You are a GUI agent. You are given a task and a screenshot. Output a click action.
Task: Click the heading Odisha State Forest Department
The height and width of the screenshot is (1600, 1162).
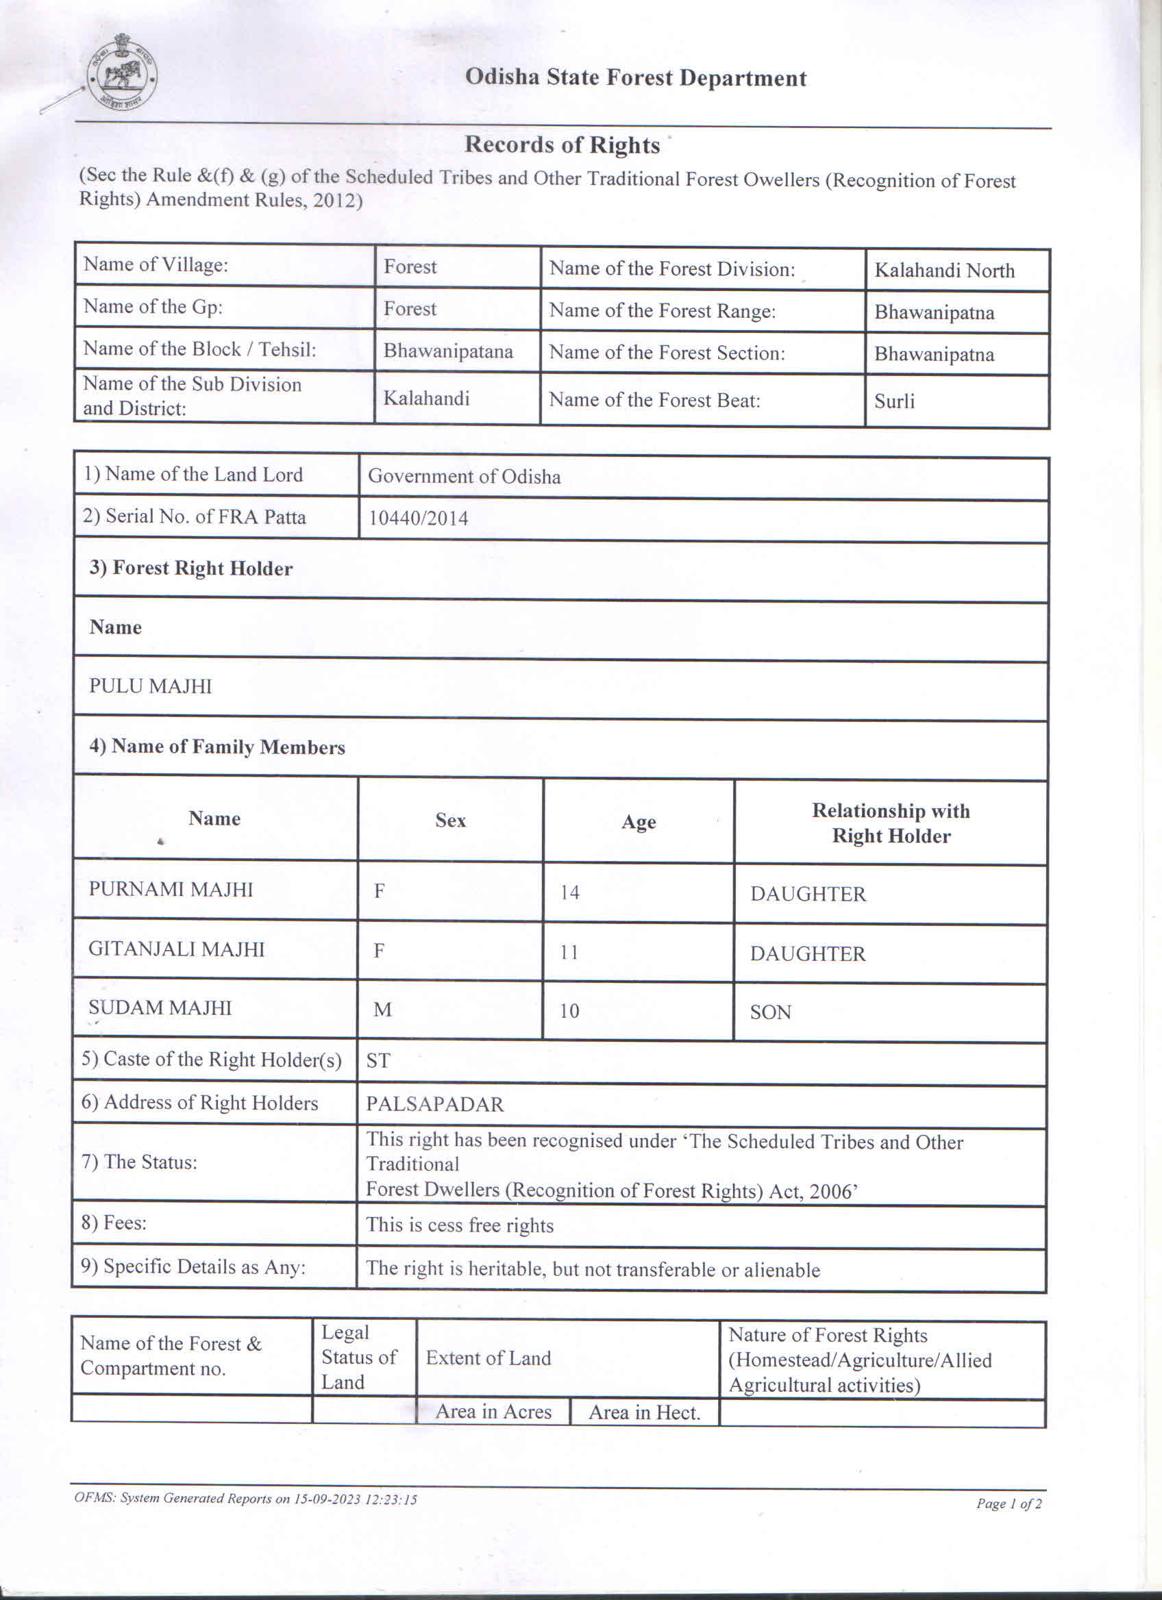[635, 78]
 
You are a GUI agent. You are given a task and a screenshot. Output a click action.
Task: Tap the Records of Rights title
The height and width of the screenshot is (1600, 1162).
[563, 145]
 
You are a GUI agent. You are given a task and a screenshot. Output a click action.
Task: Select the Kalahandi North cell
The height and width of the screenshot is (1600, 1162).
[944, 270]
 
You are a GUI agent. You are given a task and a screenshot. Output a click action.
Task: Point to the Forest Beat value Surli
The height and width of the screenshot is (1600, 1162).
[894, 401]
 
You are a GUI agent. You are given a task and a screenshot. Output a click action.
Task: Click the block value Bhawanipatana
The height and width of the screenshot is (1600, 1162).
[448, 351]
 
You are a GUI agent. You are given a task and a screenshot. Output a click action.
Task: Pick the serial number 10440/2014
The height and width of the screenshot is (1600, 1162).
[419, 518]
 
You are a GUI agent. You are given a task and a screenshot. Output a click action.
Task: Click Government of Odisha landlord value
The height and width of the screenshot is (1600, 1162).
[465, 477]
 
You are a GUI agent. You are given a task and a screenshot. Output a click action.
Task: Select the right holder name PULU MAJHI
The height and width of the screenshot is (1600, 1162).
[150, 686]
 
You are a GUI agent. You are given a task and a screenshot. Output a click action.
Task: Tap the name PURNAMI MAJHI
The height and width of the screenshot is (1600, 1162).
[171, 890]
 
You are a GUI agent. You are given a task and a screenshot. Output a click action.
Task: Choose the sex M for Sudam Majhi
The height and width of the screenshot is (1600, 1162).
[382, 1010]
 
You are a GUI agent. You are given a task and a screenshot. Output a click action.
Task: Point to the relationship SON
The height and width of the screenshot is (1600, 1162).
[770, 1013]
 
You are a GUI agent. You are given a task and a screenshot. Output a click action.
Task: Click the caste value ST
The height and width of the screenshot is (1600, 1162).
[378, 1061]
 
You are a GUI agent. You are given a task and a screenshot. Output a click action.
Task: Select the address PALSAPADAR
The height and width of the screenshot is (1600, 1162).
[434, 1105]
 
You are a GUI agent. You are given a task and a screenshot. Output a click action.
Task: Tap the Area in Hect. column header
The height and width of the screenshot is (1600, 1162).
[644, 1413]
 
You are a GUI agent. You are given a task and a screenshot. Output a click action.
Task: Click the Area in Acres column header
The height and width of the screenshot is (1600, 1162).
[493, 1412]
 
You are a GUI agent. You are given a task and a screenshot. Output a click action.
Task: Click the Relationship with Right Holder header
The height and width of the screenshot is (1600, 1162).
[891, 823]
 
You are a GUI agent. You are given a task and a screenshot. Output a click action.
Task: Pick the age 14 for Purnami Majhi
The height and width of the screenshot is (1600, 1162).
[569, 893]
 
